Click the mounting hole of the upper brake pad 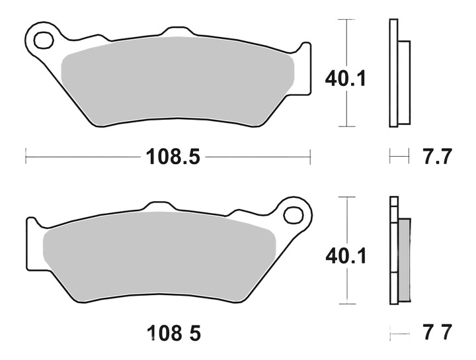coord(44,40)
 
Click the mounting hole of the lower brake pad coord(294,214)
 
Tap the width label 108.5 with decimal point coord(168,157)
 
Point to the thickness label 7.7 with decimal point coord(436,157)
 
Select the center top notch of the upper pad coord(176,32)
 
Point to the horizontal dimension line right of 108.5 coord(258,157)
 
